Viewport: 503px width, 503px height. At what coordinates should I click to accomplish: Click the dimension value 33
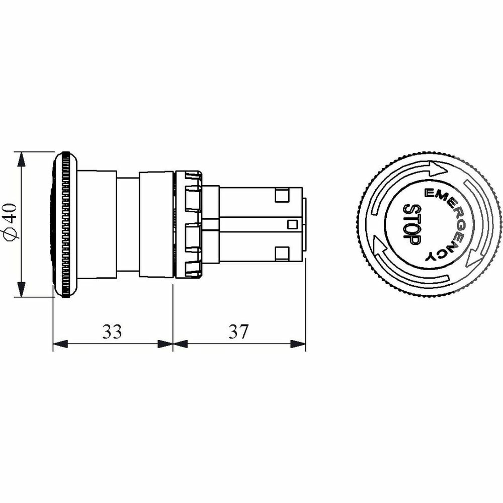[x=112, y=331]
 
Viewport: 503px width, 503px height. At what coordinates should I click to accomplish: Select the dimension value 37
[x=238, y=331]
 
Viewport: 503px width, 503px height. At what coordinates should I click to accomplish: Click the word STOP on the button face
[x=411, y=224]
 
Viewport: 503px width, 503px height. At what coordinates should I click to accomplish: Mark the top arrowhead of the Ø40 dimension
[x=21, y=159]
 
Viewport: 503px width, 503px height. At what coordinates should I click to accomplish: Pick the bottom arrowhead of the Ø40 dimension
[x=21, y=289]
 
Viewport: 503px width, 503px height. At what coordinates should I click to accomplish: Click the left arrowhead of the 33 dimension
[x=60, y=344]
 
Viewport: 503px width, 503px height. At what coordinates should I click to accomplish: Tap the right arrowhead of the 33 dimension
[x=165, y=344]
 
